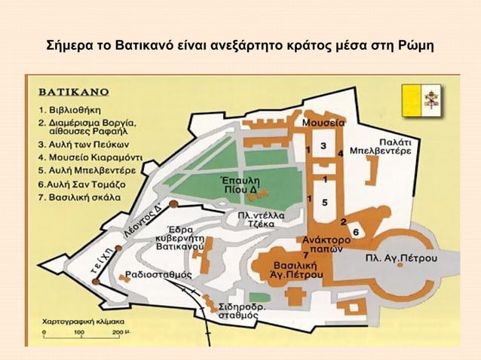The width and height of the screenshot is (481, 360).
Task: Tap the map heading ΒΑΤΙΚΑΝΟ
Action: point(74,92)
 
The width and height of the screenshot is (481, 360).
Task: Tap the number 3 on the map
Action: point(323,145)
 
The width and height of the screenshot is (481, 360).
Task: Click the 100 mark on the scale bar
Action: point(81,331)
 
